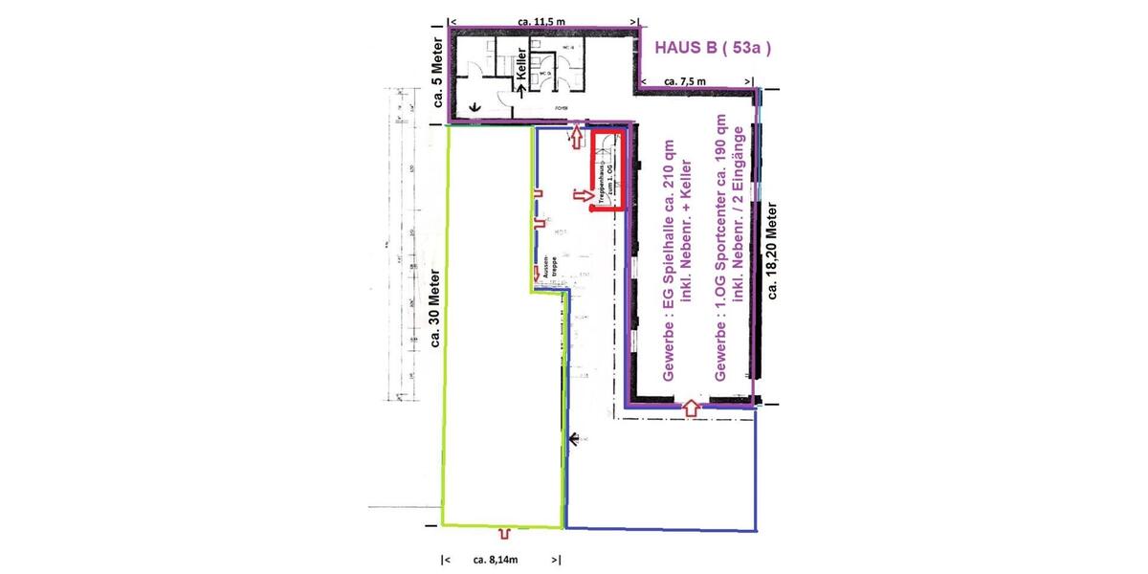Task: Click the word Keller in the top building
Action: pos(522,63)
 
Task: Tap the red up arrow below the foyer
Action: pos(577,140)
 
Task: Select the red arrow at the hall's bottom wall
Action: pos(691,409)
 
